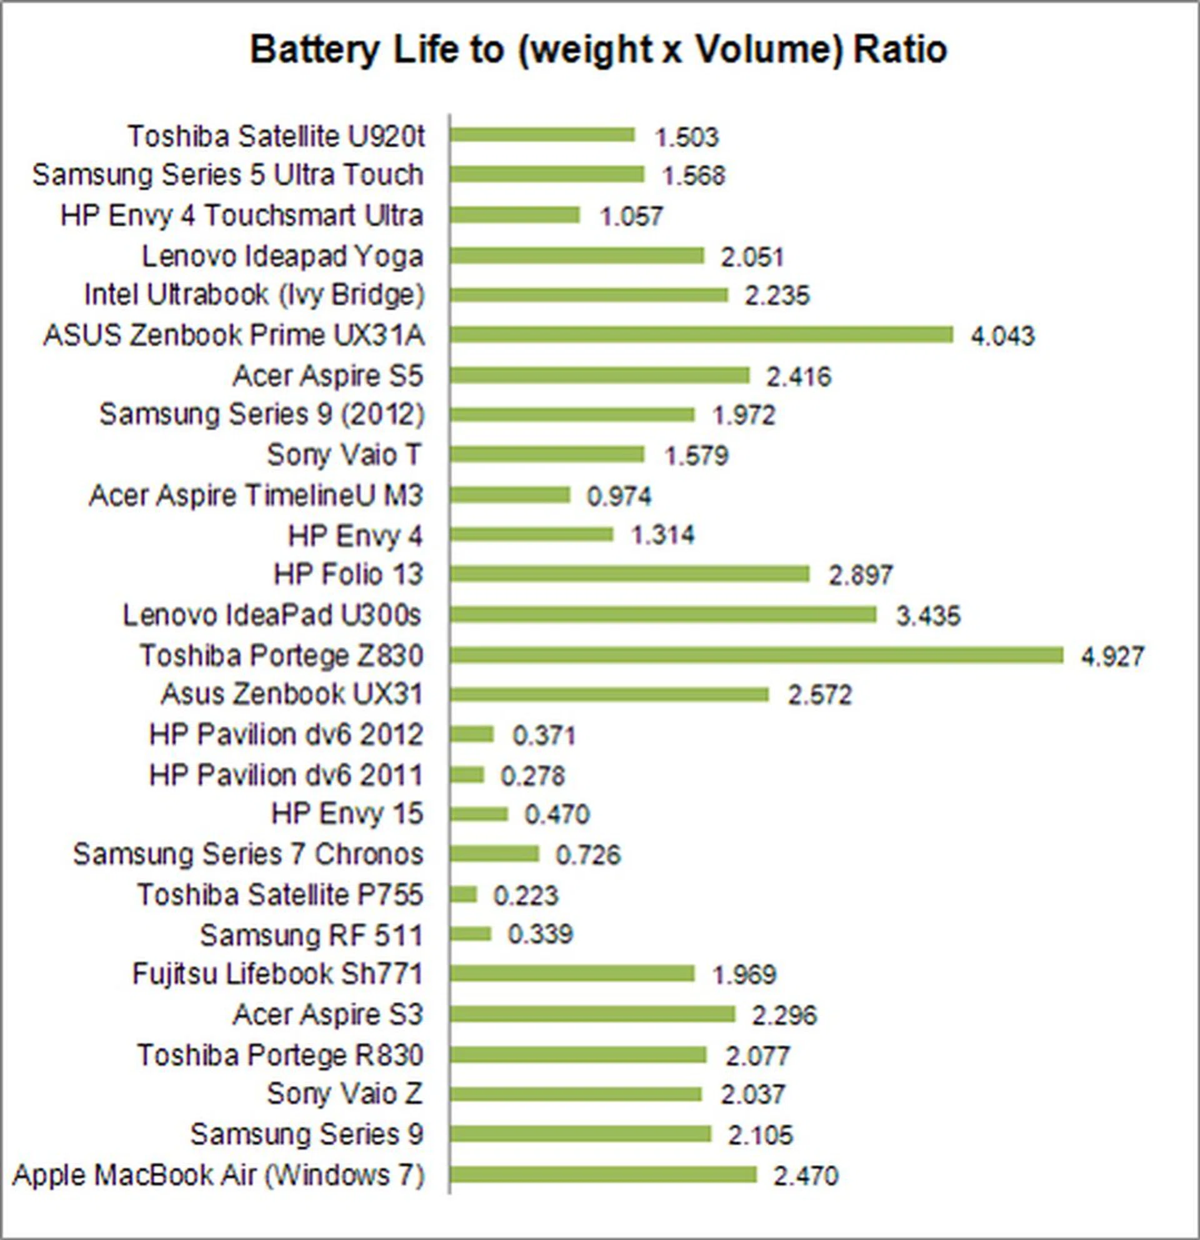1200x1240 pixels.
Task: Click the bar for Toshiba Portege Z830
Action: point(757,655)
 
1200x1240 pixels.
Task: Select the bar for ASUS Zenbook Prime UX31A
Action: point(701,334)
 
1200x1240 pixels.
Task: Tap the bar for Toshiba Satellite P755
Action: point(464,894)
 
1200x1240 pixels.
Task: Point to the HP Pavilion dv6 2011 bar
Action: point(467,775)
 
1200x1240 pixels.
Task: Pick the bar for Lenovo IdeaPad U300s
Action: point(664,614)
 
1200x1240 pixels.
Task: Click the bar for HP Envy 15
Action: point(479,814)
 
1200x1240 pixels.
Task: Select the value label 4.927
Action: point(1112,656)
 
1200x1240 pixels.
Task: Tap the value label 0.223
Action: point(526,896)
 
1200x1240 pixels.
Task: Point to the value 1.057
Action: point(631,217)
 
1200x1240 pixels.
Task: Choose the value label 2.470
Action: point(805,1176)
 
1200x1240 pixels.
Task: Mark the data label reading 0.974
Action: point(619,496)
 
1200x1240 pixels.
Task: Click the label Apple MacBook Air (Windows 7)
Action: point(218,1175)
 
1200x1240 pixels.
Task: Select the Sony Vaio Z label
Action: point(344,1094)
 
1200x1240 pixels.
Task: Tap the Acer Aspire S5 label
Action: point(327,376)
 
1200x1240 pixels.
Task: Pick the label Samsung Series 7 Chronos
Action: point(248,854)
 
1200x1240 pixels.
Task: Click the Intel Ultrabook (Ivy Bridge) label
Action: point(254,295)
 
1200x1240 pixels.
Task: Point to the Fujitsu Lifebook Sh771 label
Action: point(277,974)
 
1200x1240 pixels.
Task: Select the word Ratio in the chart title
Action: point(900,49)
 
